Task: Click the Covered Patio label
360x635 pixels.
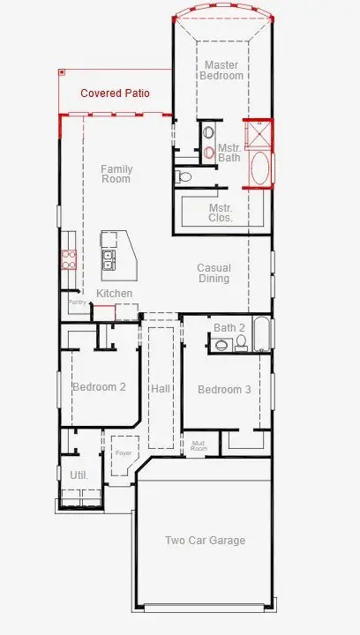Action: click(115, 93)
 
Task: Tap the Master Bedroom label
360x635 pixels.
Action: click(223, 71)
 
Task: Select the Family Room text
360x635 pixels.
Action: click(116, 174)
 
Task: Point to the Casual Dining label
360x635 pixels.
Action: click(214, 273)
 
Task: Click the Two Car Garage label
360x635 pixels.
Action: click(205, 541)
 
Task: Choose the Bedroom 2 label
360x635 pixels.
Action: click(99, 387)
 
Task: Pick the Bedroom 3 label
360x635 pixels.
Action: click(224, 390)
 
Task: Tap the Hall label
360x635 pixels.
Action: click(161, 389)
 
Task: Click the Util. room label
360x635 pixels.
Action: click(79, 474)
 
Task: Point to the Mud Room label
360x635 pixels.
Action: click(199, 446)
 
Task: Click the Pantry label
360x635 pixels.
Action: click(77, 302)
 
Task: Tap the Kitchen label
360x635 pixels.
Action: click(115, 293)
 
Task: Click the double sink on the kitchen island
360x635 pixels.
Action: click(110, 259)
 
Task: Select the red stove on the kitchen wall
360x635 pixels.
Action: click(68, 259)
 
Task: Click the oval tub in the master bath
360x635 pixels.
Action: click(261, 169)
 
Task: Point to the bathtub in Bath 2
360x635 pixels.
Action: click(261, 334)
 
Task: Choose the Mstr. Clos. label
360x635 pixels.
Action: click(221, 213)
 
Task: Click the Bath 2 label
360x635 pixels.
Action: click(229, 328)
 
